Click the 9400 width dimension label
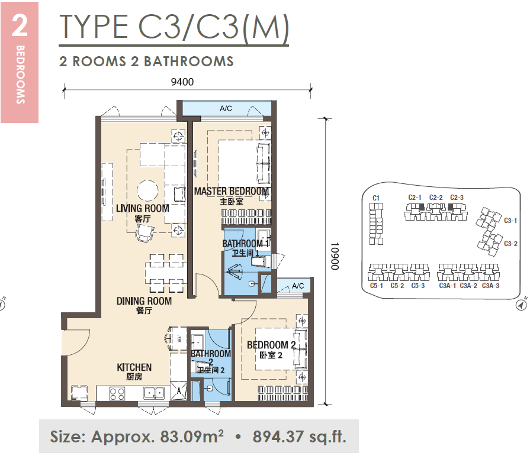point(182,82)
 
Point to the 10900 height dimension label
point(335,256)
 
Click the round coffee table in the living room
point(147,190)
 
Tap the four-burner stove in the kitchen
point(117,394)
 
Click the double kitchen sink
point(154,393)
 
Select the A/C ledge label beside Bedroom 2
point(298,286)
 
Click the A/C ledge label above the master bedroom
point(226,108)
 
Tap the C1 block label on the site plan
point(376,198)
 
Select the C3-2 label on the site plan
point(510,243)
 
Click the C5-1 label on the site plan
point(377,286)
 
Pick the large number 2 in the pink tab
point(20,25)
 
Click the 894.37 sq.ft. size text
point(300,436)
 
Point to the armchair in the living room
point(144,233)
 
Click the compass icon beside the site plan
point(522,305)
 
